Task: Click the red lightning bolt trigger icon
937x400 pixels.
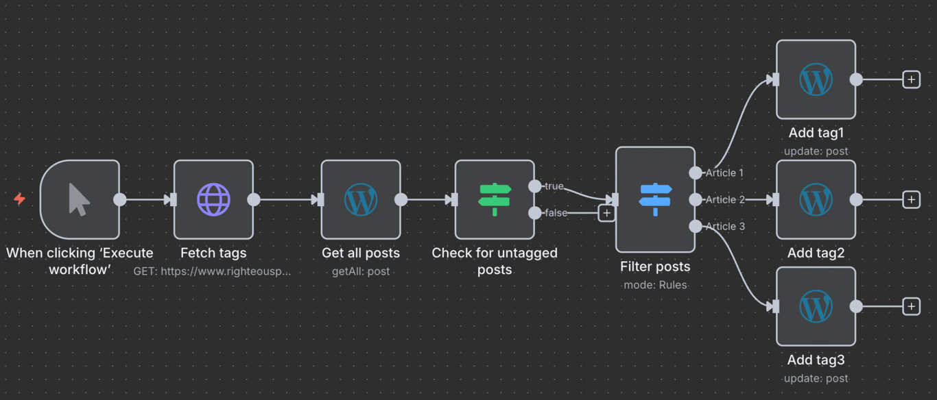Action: (20, 199)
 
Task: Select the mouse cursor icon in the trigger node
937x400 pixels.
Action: (79, 199)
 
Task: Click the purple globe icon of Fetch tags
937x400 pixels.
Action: (213, 199)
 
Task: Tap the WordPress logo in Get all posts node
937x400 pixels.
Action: (361, 199)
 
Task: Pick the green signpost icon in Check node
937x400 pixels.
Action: (495, 199)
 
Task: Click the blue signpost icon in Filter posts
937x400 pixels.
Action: (655, 199)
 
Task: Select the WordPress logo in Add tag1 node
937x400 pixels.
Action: (816, 79)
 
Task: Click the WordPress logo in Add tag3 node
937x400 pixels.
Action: (816, 306)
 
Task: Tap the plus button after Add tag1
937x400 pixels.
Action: (911, 79)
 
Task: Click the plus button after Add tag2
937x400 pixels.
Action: (911, 199)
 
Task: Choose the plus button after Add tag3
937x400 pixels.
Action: (911, 306)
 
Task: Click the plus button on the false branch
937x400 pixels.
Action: (606, 213)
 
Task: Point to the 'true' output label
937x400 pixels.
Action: (554, 186)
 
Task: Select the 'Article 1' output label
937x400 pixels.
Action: (724, 173)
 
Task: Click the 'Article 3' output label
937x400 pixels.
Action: (724, 226)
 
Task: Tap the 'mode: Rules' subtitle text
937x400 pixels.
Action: (655, 285)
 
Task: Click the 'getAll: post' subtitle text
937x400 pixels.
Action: (361, 271)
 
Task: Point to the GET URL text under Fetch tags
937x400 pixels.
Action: (213, 271)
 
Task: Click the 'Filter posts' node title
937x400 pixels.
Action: (655, 266)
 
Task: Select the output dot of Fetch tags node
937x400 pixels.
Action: (254, 199)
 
